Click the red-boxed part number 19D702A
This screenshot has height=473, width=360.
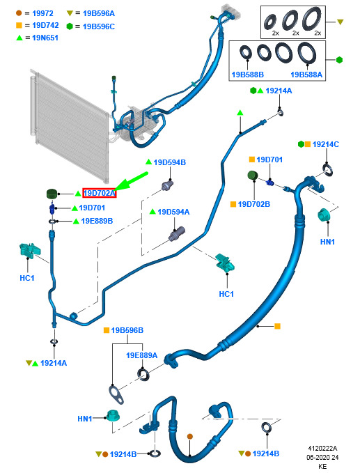pos(99,193)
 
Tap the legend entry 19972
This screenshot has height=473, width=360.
pos(42,13)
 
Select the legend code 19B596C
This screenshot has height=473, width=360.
pos(99,26)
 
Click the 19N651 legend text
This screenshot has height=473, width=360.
pos(45,38)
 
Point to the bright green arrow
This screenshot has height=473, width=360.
pos(132,181)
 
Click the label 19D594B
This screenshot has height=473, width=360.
pos(169,162)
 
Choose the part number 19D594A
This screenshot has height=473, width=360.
pos(173,212)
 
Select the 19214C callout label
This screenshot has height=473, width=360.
pos(326,144)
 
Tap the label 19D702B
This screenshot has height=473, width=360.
pos(254,204)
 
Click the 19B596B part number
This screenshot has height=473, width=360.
pos(127,330)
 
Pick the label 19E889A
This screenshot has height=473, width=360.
pos(142,355)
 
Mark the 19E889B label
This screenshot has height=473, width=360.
pos(97,221)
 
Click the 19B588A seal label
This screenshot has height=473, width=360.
pos(306,75)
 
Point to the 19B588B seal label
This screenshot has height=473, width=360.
pos(247,75)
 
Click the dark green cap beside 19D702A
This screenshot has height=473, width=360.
pos(52,194)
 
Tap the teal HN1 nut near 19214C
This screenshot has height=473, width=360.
pos(325,215)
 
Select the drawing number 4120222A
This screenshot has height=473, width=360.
pos(322,448)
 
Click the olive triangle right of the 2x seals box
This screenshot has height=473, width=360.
pos(340,22)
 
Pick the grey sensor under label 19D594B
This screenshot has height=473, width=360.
pos(168,185)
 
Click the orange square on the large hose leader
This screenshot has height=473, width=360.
pos(277,326)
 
